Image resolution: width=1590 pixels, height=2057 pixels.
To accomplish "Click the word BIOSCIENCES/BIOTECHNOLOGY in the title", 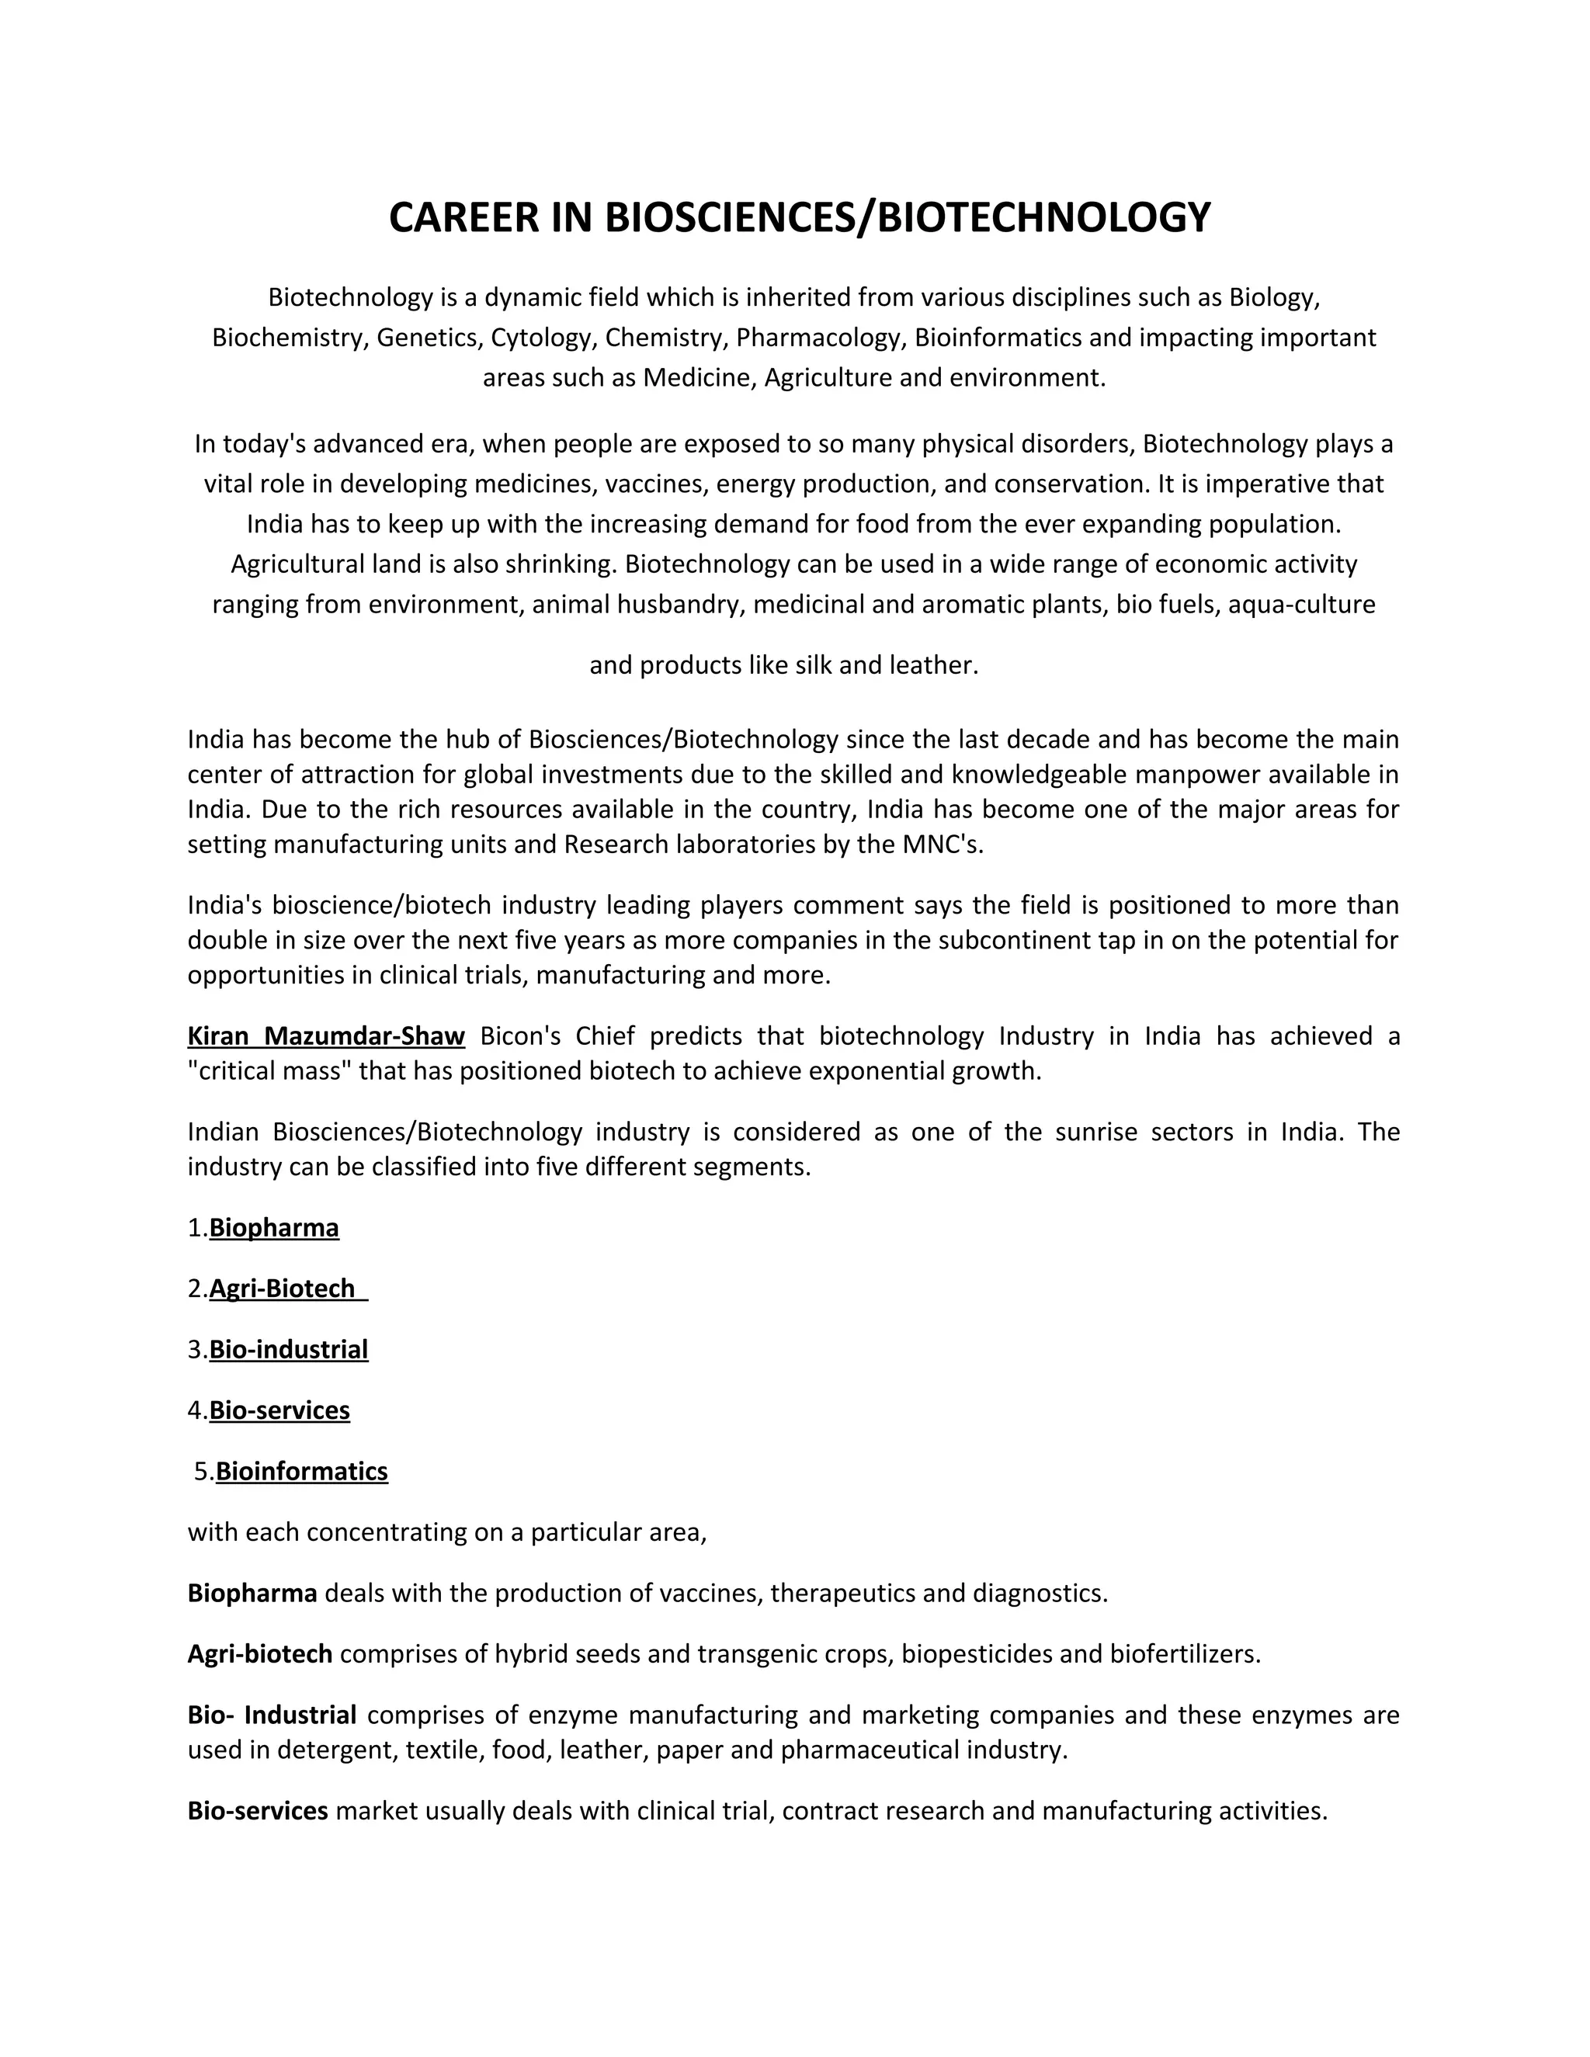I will (x=907, y=217).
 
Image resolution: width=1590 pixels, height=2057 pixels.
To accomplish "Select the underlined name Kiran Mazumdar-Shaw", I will (x=326, y=1036).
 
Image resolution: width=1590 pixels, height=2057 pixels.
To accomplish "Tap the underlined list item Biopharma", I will (x=274, y=1228).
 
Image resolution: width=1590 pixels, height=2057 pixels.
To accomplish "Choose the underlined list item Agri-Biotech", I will (x=282, y=1289).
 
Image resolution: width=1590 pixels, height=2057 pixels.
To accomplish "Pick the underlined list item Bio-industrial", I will (x=288, y=1350).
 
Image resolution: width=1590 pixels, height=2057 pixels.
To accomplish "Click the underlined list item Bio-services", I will (x=279, y=1410).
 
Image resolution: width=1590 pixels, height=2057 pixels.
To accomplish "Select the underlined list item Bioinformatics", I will (x=301, y=1471).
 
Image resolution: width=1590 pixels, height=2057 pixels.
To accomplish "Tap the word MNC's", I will (x=942, y=844).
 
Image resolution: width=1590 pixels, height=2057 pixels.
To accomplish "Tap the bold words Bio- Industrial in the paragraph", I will (x=271, y=1715).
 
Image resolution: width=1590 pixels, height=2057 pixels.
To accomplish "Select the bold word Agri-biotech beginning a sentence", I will (x=260, y=1654).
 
